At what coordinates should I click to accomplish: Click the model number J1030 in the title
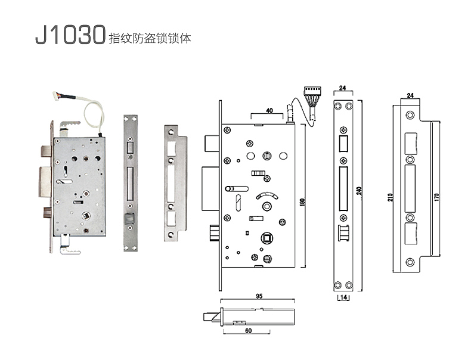(x=70, y=35)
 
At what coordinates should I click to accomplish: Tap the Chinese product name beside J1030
(x=149, y=38)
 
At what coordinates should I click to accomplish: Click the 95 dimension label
(x=259, y=296)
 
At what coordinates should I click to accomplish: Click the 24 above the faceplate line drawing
(x=342, y=87)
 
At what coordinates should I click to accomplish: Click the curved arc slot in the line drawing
(x=267, y=195)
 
